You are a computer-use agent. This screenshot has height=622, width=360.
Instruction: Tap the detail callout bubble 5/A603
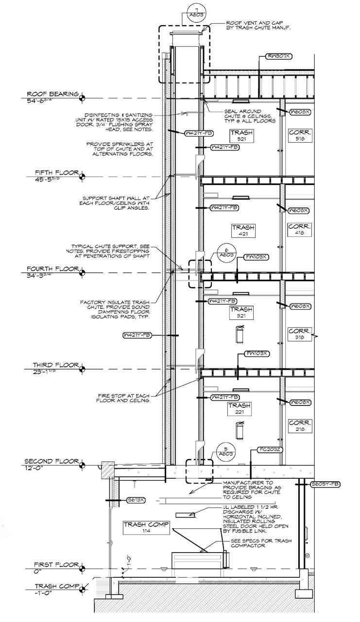223,451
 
